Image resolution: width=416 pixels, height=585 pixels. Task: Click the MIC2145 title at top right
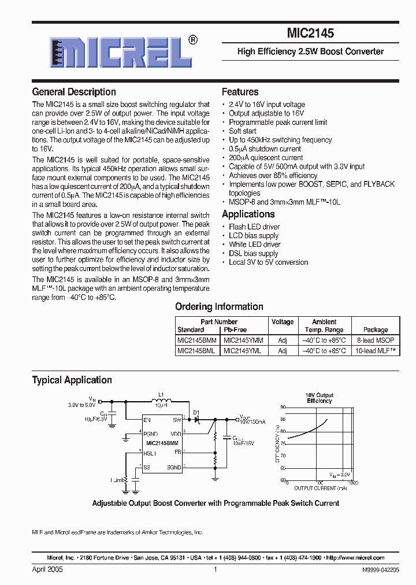pyautogui.click(x=310, y=34)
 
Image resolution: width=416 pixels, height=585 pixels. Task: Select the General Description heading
pyautogui.click(x=74, y=92)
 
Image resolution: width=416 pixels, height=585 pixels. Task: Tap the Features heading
pyautogui.click(x=240, y=92)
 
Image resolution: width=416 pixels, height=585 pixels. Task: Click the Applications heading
pyautogui.click(x=248, y=214)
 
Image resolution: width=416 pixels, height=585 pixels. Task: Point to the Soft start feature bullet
pyautogui.click(x=242, y=131)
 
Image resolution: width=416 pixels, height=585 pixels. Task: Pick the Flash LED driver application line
pyautogui.click(x=254, y=227)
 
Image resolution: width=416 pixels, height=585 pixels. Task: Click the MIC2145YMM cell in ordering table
pyautogui.click(x=243, y=340)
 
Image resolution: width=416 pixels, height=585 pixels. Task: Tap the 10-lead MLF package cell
pyautogui.click(x=376, y=351)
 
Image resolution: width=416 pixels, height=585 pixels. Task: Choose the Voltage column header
pyautogui.click(x=283, y=322)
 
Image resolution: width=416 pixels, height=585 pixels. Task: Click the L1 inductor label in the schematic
pyautogui.click(x=161, y=395)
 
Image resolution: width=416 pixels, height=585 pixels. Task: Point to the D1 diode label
pyautogui.click(x=196, y=412)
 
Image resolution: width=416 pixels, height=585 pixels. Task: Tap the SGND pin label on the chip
pyautogui.click(x=174, y=467)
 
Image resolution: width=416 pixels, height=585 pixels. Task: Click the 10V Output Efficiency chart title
pyautogui.click(x=320, y=398)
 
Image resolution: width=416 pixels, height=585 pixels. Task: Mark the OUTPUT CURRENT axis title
pyautogui.click(x=320, y=488)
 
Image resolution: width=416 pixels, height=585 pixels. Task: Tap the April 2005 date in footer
pyautogui.click(x=47, y=569)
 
